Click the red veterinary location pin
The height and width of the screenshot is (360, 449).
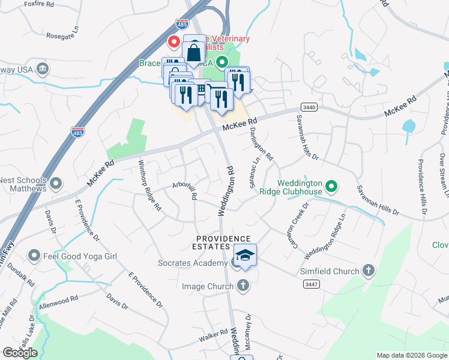pyautogui.click(x=174, y=41)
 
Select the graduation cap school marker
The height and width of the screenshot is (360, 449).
pyautogui.click(x=244, y=256)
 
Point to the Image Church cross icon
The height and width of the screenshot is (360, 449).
pyautogui.click(x=243, y=286)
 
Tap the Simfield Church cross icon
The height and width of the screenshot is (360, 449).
pyautogui.click(x=369, y=271)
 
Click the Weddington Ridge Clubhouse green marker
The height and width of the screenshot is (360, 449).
pyautogui.click(x=331, y=187)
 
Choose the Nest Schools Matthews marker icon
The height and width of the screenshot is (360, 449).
pyautogui.click(x=56, y=182)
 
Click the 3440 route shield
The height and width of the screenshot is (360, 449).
pyautogui.click(x=309, y=107)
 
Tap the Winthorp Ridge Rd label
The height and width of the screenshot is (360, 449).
pyautogui.click(x=150, y=184)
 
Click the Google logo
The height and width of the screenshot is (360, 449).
pyautogui.click(x=20, y=353)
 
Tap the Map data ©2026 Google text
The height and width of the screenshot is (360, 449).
pyautogui.click(x=411, y=355)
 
